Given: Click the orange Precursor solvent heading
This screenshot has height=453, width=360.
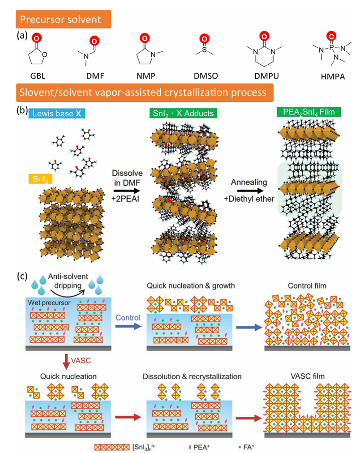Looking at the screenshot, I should tap(64, 21).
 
